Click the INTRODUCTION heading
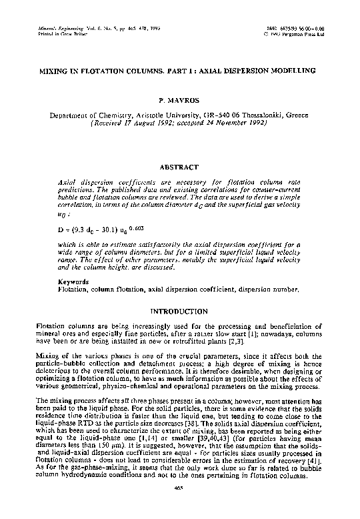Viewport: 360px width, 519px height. (181, 312)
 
